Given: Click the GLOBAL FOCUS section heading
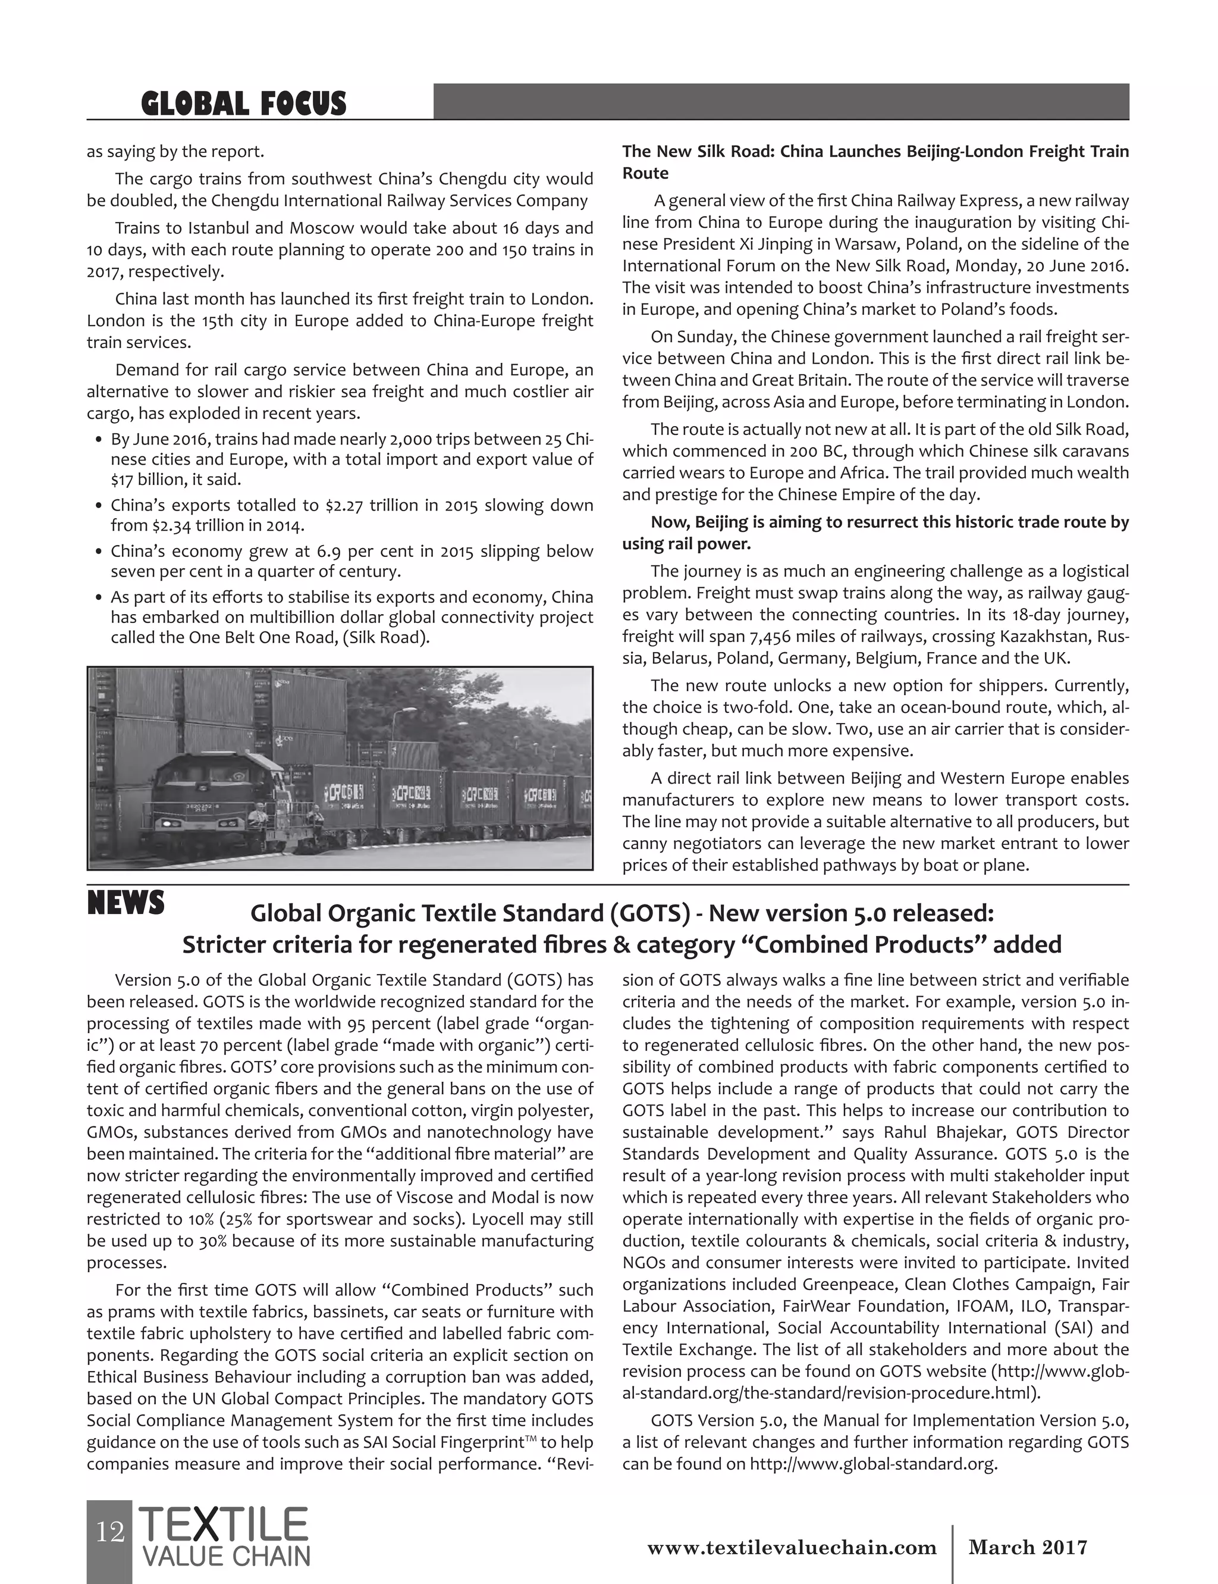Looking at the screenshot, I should point(244,103).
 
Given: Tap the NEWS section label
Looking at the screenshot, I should point(125,904).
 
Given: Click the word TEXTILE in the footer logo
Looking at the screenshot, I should point(223,1524).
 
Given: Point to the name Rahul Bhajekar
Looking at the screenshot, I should point(943,1132).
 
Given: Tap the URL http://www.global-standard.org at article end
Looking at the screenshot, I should point(873,1464).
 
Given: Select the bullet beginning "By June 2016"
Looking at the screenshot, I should point(351,459).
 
